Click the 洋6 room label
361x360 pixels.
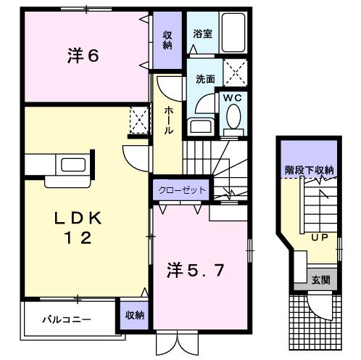tap(83, 56)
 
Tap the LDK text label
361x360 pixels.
tap(78, 218)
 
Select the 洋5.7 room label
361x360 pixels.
tap(195, 270)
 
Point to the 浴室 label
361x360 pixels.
tap(202, 34)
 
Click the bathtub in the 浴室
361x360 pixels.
tap(233, 33)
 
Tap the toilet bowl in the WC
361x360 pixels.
tap(233, 116)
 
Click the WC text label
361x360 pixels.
tap(232, 98)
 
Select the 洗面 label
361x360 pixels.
tap(205, 79)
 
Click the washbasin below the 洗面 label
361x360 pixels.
tap(201, 126)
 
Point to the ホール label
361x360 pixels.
tap(169, 120)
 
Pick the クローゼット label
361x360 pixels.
tap(182, 190)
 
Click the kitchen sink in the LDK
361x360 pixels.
tap(73, 165)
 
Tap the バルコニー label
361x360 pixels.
tap(67, 319)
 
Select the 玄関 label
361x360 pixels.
tap(320, 280)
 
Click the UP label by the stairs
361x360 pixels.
tap(320, 237)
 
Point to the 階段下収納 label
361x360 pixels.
tap(310, 171)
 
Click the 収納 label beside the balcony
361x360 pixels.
tap(135, 315)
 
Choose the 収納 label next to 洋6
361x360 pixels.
tap(167, 40)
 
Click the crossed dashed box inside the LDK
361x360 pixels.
tap(139, 120)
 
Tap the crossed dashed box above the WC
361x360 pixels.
tap(235, 72)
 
